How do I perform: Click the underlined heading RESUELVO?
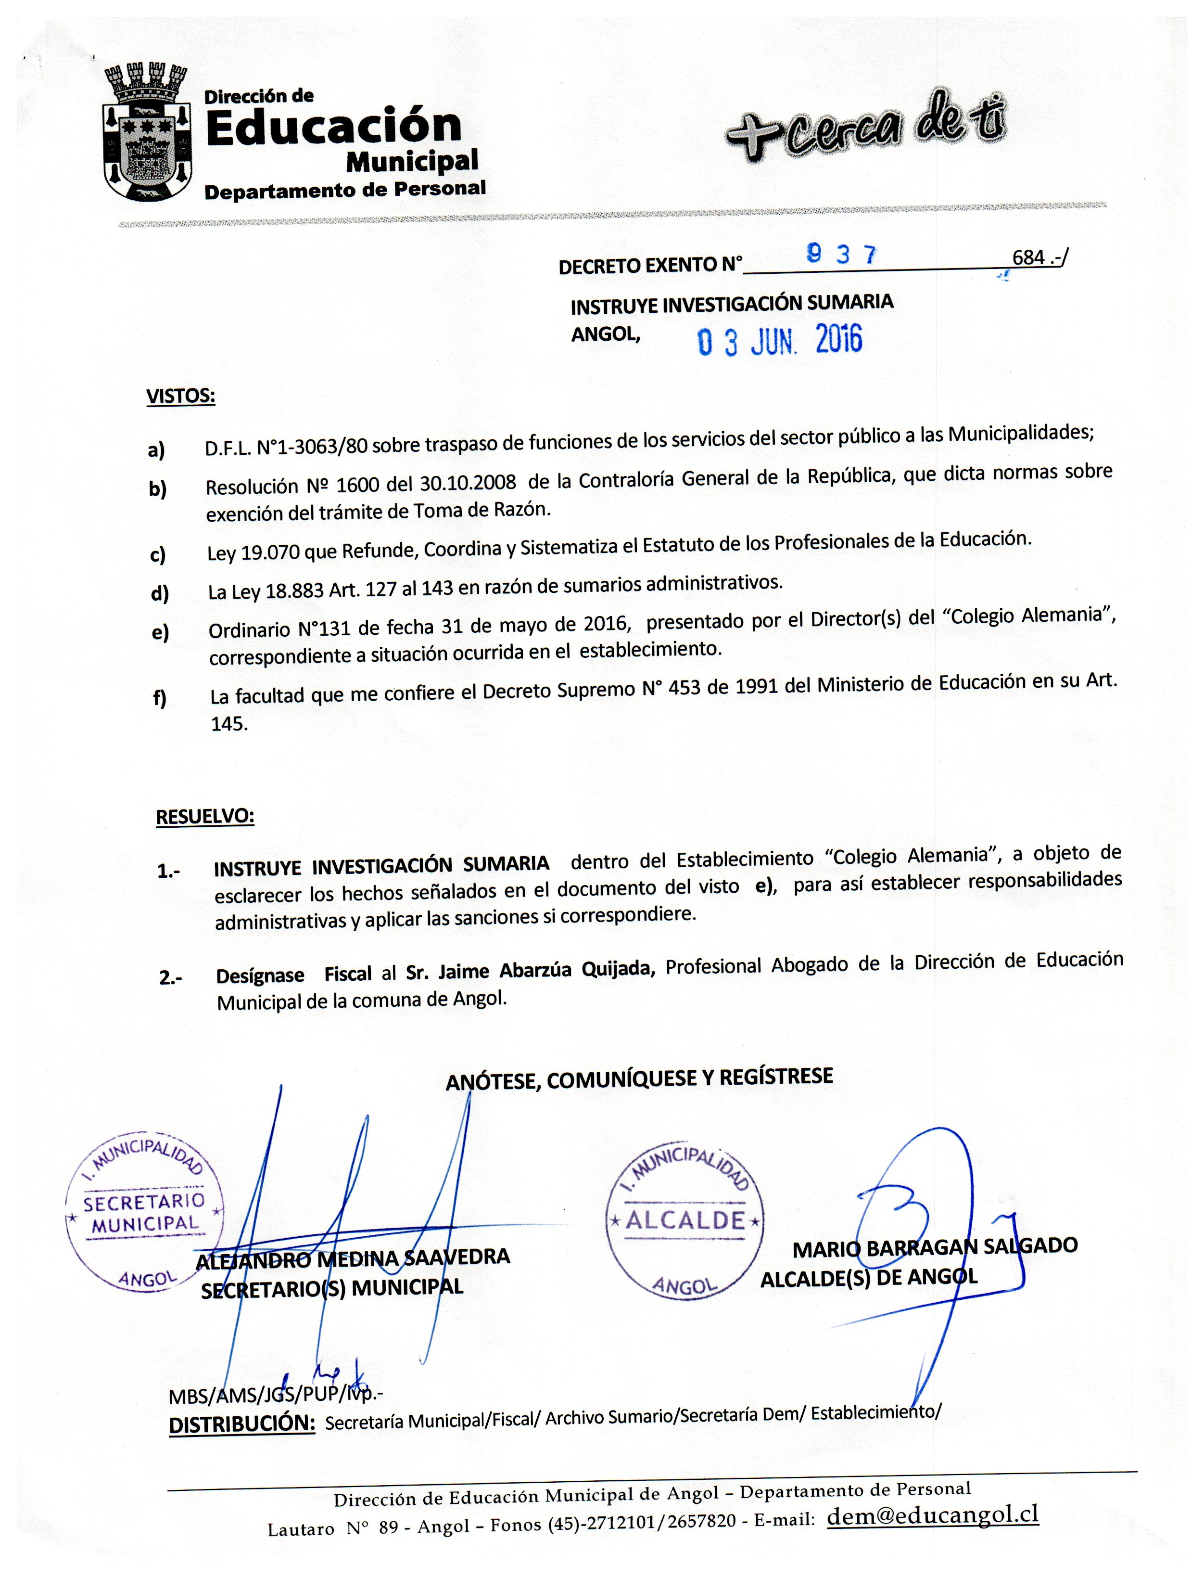(205, 817)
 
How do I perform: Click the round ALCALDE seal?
(684, 1219)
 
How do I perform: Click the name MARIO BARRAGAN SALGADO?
(935, 1247)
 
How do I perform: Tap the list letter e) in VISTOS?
(161, 632)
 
